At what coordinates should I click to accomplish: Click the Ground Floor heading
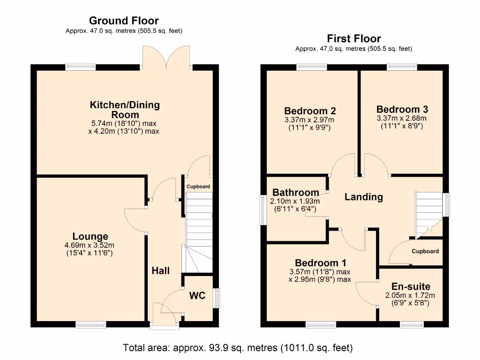pos(124,21)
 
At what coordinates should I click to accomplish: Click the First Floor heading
pos(354,38)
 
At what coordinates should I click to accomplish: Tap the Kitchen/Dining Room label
pos(125,110)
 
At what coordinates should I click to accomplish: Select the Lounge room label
pos(90,237)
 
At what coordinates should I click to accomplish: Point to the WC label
pos(198,296)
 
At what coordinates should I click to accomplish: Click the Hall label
pos(160,270)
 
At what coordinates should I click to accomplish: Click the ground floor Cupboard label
pos(198,187)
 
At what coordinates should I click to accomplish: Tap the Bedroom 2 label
pos(310,111)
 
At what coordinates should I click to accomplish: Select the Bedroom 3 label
pos(402,109)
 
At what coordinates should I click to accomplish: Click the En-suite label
pos(410,287)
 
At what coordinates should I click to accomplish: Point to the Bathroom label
pos(295,193)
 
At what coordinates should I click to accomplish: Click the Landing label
pos(364,197)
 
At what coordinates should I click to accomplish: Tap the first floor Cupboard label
pos(425,251)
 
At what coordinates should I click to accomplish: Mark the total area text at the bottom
pos(238,348)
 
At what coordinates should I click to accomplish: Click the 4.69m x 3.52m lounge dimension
pos(90,245)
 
